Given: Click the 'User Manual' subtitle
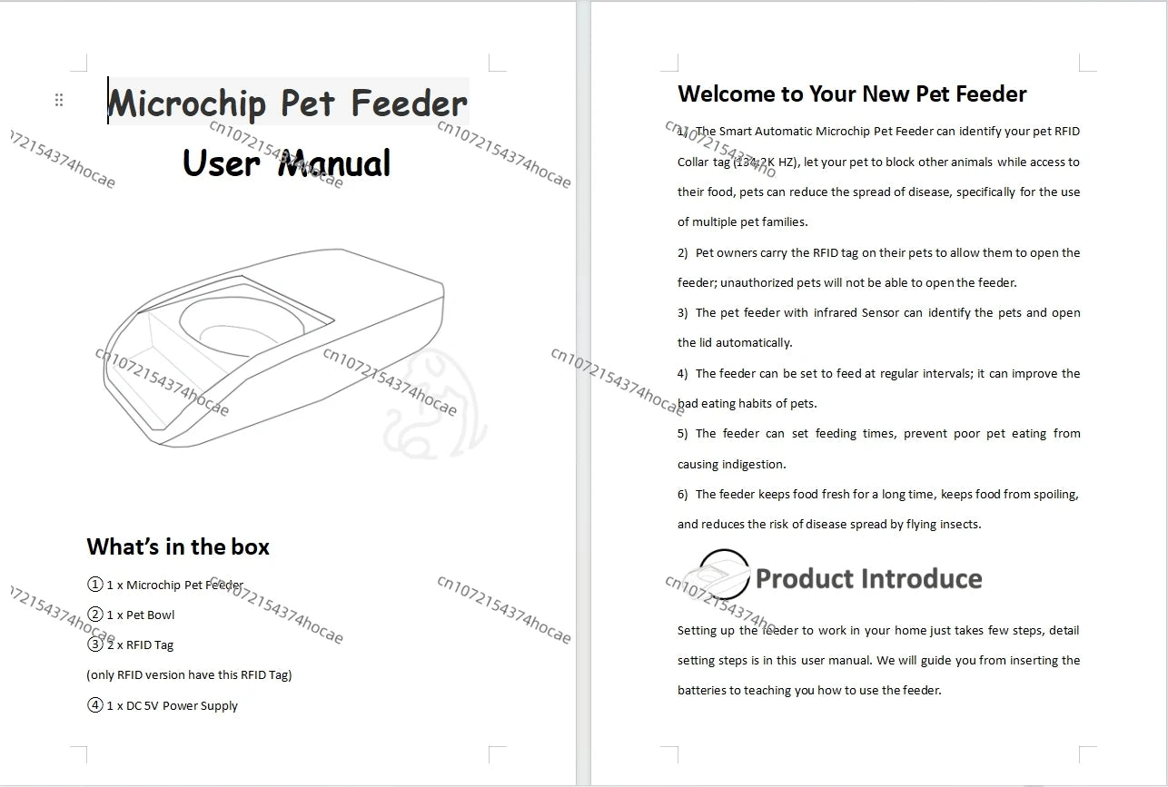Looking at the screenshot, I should [x=286, y=163].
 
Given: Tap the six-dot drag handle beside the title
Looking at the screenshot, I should [x=59, y=100].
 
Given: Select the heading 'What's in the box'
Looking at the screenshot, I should [x=178, y=546].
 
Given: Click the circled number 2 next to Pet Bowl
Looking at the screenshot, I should [x=94, y=615].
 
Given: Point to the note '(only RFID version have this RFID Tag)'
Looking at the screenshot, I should [x=189, y=674].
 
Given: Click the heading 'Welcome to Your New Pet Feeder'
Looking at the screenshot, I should [x=852, y=93].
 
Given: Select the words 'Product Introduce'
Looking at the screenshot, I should [x=868, y=578].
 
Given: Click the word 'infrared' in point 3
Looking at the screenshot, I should [x=835, y=312].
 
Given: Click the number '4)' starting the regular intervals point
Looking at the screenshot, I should [x=683, y=373].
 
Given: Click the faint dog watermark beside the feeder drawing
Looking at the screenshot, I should [x=434, y=404].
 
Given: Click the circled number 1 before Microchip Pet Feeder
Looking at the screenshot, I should [x=94, y=585].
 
